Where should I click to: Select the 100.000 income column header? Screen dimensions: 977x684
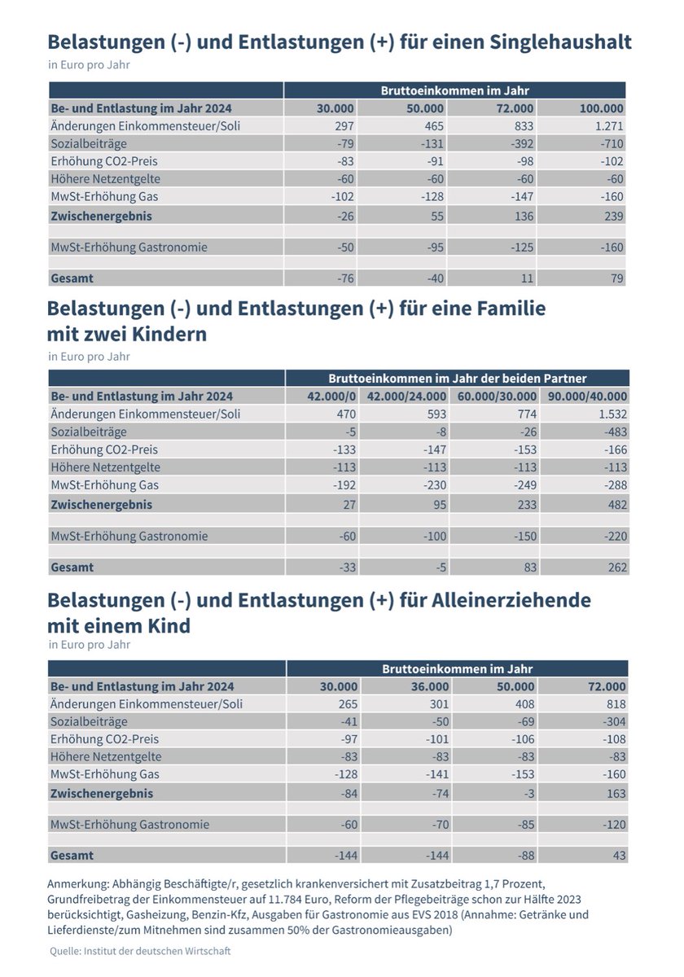pos(602,108)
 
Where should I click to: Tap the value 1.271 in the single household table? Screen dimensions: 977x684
pos(607,125)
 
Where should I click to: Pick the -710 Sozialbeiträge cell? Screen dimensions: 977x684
pos(612,143)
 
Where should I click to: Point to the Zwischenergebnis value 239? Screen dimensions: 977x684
pos(613,216)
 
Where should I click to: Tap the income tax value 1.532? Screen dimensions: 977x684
pos(610,414)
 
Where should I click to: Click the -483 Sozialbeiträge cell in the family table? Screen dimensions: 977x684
pos(613,432)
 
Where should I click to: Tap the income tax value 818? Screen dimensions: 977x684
pos(615,703)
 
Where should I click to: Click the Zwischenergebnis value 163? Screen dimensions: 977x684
pos(615,793)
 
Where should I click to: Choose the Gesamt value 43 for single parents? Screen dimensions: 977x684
pos(618,856)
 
